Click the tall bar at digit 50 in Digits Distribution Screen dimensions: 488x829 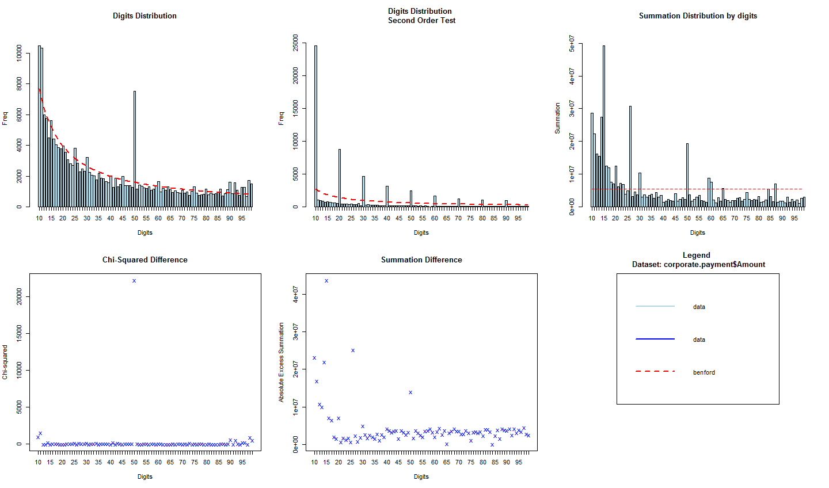click(x=135, y=150)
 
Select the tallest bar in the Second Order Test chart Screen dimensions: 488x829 click(x=315, y=127)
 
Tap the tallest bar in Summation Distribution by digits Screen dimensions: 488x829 click(x=604, y=127)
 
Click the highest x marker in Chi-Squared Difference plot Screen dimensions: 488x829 click(x=134, y=281)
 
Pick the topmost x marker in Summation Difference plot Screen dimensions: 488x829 click(x=326, y=281)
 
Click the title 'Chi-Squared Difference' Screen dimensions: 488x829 click(x=145, y=260)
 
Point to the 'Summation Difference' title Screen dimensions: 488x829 click(x=421, y=260)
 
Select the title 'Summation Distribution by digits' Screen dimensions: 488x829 click(x=698, y=16)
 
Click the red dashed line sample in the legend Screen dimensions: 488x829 click(x=655, y=372)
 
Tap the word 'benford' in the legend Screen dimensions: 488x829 click(x=703, y=372)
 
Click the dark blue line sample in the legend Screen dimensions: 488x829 click(x=655, y=339)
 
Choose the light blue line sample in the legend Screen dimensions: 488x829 click(x=655, y=306)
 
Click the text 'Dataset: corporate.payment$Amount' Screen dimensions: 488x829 click(x=698, y=265)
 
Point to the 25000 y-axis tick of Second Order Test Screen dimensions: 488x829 click(x=295, y=43)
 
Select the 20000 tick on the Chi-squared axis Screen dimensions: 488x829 click(x=19, y=297)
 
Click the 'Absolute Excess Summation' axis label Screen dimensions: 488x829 click(x=282, y=363)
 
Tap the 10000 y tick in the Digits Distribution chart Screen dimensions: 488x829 click(x=19, y=55)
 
